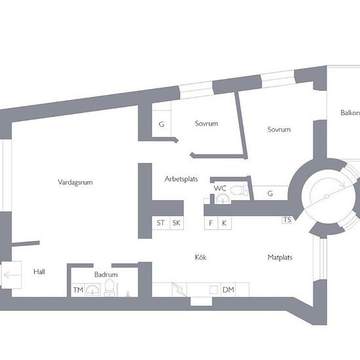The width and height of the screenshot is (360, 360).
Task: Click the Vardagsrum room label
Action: tap(75, 183)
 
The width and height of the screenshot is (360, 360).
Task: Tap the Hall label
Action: tap(39, 272)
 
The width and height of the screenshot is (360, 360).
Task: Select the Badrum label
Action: tap(106, 275)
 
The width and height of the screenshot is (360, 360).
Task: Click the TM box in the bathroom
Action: tap(78, 290)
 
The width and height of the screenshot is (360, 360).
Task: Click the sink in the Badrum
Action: tap(93, 290)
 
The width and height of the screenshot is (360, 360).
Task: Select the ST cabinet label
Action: tap(161, 223)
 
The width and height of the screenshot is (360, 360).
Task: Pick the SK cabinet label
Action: tap(176, 223)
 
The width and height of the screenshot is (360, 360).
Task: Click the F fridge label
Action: tap(211, 223)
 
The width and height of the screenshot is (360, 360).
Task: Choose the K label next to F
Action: tap(225, 223)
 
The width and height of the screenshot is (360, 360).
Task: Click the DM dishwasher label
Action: tap(228, 290)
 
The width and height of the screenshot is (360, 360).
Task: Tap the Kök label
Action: tap(201, 257)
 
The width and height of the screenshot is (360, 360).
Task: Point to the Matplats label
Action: tap(280, 257)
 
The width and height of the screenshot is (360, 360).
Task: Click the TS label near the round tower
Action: tap(287, 220)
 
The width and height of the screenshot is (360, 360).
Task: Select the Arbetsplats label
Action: tap(181, 179)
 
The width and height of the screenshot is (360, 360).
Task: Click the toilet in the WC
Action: tap(239, 190)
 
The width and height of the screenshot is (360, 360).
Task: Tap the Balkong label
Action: tap(350, 113)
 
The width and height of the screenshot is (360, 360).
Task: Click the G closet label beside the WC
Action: tap(270, 194)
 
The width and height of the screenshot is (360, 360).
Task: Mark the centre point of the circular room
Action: tap(327, 196)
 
